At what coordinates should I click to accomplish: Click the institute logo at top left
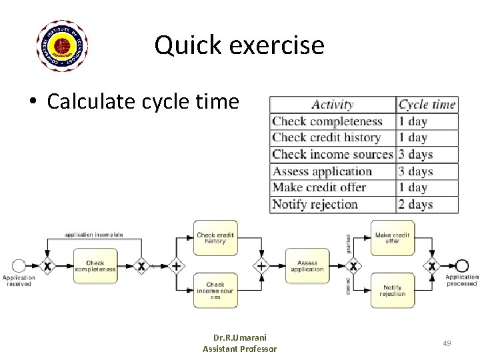[61, 45]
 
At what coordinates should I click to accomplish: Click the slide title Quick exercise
[239, 45]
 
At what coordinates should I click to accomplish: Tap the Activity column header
[333, 105]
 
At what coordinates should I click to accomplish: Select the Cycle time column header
[427, 105]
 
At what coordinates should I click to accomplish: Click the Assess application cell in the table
[322, 171]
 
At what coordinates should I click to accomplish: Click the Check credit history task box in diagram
[215, 238]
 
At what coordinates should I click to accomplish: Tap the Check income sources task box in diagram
[215, 291]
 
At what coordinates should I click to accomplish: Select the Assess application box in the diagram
[307, 266]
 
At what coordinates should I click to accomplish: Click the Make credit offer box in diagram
[393, 238]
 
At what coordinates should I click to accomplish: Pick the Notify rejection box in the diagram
[393, 291]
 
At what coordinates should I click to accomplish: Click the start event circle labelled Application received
[19, 266]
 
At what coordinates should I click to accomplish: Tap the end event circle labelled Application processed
[461, 266]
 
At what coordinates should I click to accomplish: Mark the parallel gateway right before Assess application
[261, 266]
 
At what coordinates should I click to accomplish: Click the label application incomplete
[94, 234]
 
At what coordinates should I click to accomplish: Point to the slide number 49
[447, 343]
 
